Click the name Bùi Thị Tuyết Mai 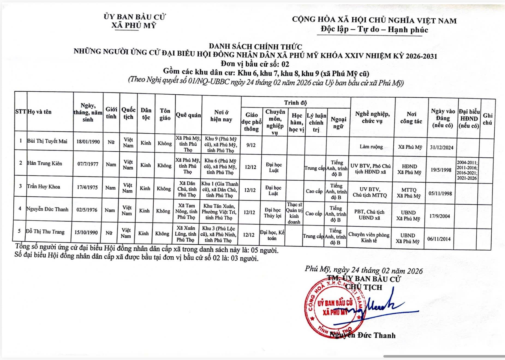(47, 141)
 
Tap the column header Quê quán (188, 115)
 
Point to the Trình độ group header (295, 103)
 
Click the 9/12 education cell (251, 145)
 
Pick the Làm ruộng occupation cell (371, 147)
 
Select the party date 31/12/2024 (441, 148)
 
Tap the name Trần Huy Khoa (43, 187)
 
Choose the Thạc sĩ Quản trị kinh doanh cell (294, 213)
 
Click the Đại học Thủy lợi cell (273, 213)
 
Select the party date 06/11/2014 (439, 239)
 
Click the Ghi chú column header (487, 119)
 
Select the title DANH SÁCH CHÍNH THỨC (255, 47)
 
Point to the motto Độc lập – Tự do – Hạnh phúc (374, 29)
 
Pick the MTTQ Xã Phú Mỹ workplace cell (409, 193)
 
